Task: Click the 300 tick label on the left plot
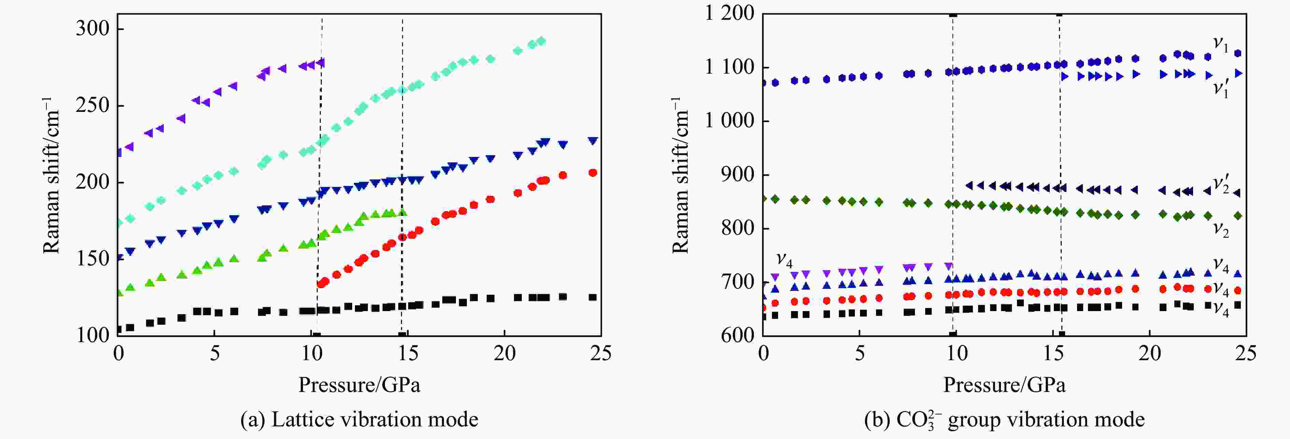point(92,29)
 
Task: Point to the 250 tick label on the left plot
point(92,106)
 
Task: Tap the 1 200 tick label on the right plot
point(729,14)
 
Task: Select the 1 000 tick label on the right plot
point(729,121)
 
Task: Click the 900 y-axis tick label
point(737,175)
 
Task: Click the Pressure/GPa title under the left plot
point(359,385)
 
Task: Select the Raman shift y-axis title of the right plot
point(680,175)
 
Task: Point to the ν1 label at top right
point(1220,44)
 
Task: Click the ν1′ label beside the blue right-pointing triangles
point(1220,89)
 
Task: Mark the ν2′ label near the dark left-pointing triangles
point(1220,184)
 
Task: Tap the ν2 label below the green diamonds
point(1220,229)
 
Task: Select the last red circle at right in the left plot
point(593,173)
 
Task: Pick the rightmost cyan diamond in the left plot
point(541,41)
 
